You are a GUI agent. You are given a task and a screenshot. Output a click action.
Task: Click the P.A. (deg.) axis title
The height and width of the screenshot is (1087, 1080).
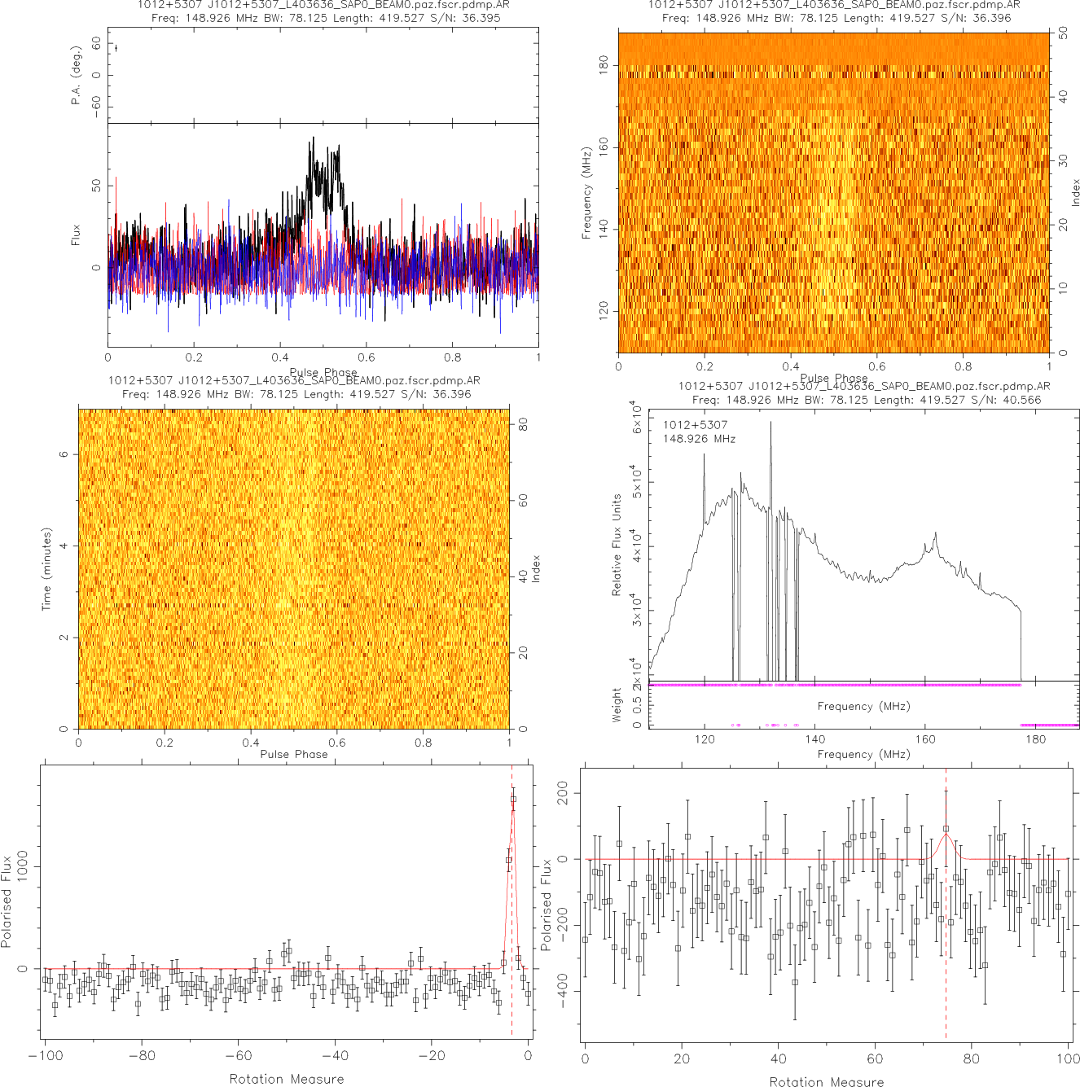pyautogui.click(x=76, y=76)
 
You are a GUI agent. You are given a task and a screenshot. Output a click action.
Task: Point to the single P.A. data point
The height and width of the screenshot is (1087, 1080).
pyautogui.click(x=116, y=48)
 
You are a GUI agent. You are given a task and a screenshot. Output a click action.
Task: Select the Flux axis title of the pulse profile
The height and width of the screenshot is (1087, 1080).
pyautogui.click(x=76, y=235)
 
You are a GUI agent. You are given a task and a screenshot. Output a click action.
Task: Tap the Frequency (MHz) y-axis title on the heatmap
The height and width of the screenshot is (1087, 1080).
pyautogui.click(x=586, y=193)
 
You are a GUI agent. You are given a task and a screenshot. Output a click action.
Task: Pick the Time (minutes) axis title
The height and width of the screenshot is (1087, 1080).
pyautogui.click(x=46, y=569)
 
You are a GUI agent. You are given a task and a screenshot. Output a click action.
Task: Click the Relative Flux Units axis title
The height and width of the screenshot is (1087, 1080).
pyautogui.click(x=617, y=545)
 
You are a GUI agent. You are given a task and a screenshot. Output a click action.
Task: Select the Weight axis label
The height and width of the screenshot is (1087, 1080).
pyautogui.click(x=617, y=704)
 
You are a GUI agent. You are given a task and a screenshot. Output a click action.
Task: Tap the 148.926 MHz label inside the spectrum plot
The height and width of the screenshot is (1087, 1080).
pyautogui.click(x=699, y=439)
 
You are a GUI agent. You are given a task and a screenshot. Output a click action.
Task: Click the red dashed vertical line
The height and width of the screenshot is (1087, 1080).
pyautogui.click(x=511, y=896)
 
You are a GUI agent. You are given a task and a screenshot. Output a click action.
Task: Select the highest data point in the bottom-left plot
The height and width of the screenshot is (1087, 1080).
pyautogui.click(x=513, y=799)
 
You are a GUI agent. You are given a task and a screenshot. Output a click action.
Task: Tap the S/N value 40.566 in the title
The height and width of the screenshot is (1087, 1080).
pyautogui.click(x=1021, y=400)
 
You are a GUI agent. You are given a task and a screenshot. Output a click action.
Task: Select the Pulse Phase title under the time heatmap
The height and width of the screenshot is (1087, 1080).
pyautogui.click(x=294, y=754)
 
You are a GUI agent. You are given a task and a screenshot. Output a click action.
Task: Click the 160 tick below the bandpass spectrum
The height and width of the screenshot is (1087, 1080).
pyautogui.click(x=925, y=739)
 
